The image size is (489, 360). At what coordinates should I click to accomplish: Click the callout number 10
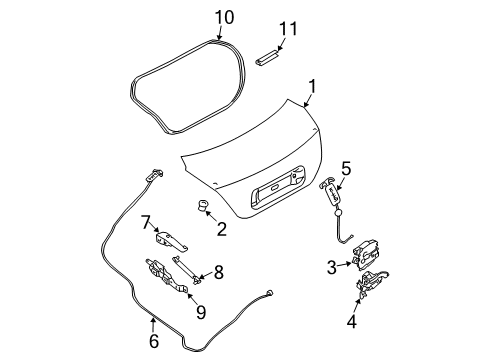click(224, 17)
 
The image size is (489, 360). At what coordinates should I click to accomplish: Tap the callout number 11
click(288, 28)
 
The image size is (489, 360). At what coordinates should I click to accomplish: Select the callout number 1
click(312, 86)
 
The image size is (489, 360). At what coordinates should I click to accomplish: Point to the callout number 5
click(346, 168)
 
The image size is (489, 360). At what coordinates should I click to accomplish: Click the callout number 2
click(222, 229)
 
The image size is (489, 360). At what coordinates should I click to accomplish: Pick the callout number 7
click(146, 222)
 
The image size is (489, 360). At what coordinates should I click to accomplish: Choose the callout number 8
click(218, 272)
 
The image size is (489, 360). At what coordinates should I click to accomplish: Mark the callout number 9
click(201, 312)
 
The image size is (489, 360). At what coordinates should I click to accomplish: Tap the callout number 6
click(154, 341)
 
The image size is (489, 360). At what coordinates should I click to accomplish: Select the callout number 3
click(332, 267)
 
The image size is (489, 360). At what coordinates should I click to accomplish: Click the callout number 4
click(352, 322)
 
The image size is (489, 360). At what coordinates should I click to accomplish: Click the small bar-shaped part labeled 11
click(267, 57)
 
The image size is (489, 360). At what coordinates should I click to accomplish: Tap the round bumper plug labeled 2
click(202, 204)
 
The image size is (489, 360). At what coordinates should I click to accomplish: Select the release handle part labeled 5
click(332, 193)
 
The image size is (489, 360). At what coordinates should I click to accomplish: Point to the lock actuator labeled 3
click(365, 255)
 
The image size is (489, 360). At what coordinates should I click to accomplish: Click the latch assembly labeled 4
click(371, 283)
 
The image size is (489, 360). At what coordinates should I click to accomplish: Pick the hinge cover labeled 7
click(170, 240)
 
